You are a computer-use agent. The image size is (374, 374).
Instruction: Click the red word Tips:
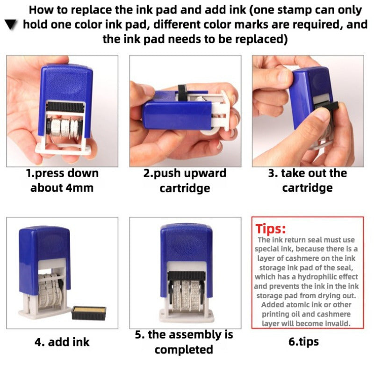pos(271,229)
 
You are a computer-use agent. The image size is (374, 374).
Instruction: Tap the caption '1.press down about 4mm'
pos(62,180)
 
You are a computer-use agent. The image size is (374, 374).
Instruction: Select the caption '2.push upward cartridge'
pos(185,180)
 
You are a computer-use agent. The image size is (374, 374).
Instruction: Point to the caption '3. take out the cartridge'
pos(307,180)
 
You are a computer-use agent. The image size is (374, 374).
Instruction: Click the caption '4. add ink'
pos(62,342)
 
